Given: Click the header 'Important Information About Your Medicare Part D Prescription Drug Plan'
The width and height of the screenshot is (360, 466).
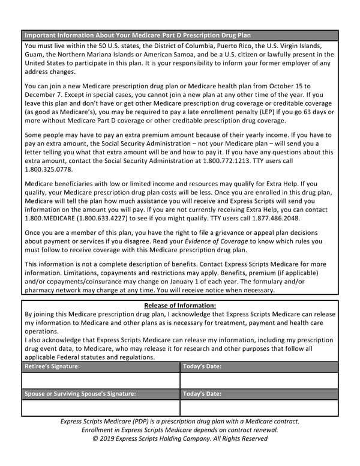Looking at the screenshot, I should coord(137,35).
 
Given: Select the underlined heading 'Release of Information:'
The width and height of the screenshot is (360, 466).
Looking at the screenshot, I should coord(180,306).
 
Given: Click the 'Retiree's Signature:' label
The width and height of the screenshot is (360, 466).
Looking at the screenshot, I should coord(52,366).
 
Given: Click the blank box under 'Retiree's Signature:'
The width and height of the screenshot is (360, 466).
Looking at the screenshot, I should coord(100,380).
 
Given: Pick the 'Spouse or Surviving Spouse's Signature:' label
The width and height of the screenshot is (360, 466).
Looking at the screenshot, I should coord(80,394).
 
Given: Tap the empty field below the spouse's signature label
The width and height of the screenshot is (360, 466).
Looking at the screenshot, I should coord(100,408).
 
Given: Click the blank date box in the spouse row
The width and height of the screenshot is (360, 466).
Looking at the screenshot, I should coord(259,408).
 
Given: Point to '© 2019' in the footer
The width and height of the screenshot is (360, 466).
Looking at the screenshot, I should coord(106,438).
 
